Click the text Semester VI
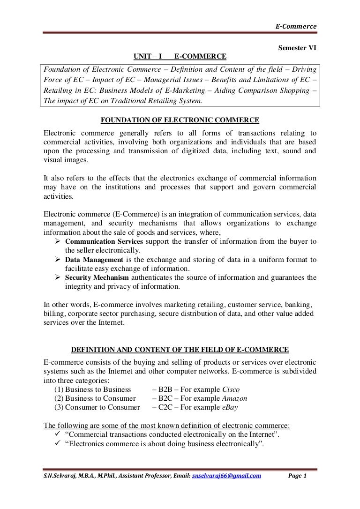tap(298, 48)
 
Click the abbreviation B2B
tap(167, 389)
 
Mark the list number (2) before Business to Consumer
tap(59, 398)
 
